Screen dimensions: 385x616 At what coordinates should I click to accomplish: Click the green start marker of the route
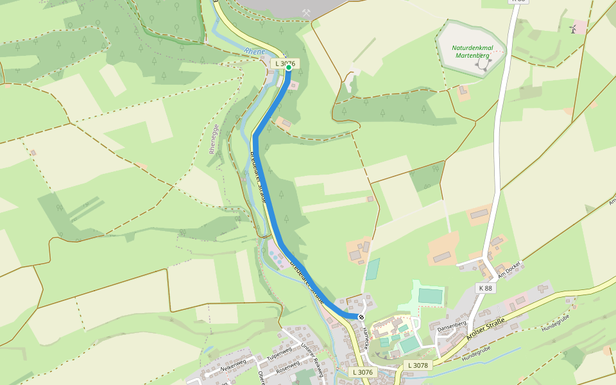(289, 67)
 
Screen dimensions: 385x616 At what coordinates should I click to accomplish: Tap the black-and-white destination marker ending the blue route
(361, 317)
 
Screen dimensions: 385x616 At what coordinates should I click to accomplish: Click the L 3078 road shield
(417, 365)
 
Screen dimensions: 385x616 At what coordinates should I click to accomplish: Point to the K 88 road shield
(486, 288)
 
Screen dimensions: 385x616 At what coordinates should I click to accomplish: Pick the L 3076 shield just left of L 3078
(363, 372)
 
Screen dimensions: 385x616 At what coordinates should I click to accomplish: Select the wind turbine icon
(572, 29)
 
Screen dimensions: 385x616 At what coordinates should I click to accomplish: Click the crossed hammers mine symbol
(307, 13)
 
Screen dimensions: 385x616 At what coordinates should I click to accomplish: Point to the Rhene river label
(253, 52)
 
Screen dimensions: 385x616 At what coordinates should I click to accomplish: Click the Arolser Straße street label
(486, 329)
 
